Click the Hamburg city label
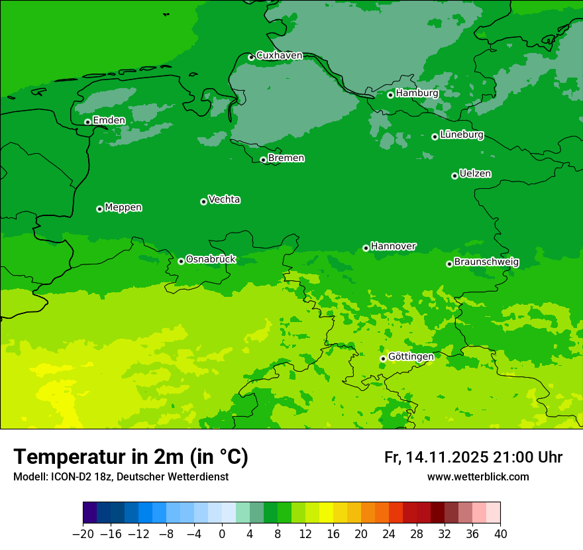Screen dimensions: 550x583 coord(417,93)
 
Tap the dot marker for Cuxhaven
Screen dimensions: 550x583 coord(251,58)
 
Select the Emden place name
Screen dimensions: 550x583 coord(109,121)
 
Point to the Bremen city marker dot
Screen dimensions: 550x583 coord(263,160)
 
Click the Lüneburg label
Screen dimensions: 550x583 coord(461,135)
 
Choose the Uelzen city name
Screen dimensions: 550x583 coord(475,174)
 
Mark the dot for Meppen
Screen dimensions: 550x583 coord(99,209)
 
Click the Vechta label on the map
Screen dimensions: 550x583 coord(224,199)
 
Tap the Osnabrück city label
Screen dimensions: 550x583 coord(211,259)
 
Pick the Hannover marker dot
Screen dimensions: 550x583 coord(366,248)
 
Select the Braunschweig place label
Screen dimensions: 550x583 coord(486,262)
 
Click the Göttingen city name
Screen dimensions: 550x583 coord(411,357)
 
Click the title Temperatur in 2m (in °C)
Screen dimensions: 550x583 coord(131,457)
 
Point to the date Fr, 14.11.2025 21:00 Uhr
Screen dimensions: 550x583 coord(473,457)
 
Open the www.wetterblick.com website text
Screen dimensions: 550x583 coord(478,477)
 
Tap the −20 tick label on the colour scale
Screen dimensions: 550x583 coord(83,534)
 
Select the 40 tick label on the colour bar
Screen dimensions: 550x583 coord(500,534)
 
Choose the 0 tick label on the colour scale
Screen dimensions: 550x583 coord(222,534)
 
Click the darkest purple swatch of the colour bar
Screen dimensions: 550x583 coord(90,513)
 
